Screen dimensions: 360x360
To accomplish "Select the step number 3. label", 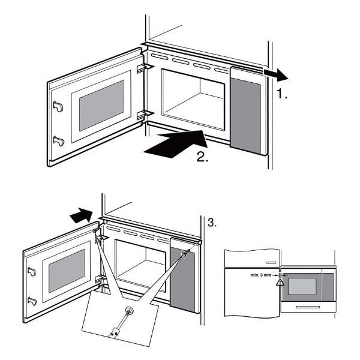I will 212,223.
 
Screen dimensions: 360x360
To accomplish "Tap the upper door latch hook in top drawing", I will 58,106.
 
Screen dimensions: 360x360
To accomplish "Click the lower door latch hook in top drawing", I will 58,141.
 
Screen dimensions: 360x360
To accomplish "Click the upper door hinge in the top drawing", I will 142,69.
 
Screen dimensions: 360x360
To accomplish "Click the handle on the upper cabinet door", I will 271,262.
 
